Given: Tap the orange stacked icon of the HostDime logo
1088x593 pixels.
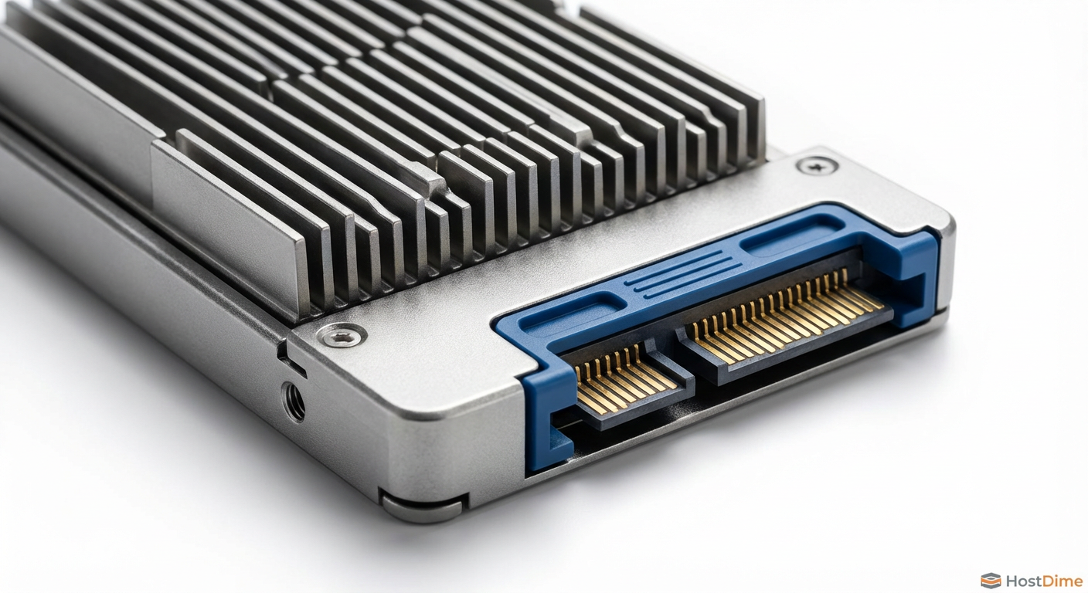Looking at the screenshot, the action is point(991,581).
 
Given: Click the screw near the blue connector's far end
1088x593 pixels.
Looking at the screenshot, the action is point(818,166).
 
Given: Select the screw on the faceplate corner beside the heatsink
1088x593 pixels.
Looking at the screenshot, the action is point(342,334).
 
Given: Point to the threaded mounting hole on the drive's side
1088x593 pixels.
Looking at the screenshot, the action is point(294,402).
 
